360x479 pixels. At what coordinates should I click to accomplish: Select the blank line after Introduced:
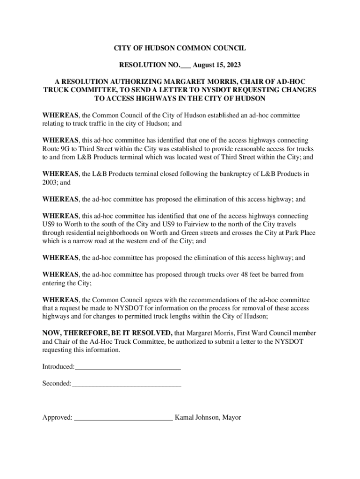(128, 367)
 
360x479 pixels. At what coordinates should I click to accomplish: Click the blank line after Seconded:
(126, 384)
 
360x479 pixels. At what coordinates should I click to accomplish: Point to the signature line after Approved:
(123, 418)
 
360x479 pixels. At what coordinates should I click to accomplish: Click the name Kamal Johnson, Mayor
(208, 417)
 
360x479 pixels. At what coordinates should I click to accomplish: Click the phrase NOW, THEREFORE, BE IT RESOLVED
(107, 333)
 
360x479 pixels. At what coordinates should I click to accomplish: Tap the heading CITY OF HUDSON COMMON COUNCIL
(180, 48)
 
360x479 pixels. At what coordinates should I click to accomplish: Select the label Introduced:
(58, 367)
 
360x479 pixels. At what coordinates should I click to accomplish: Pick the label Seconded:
(57, 384)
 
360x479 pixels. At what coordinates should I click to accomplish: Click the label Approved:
(58, 417)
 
